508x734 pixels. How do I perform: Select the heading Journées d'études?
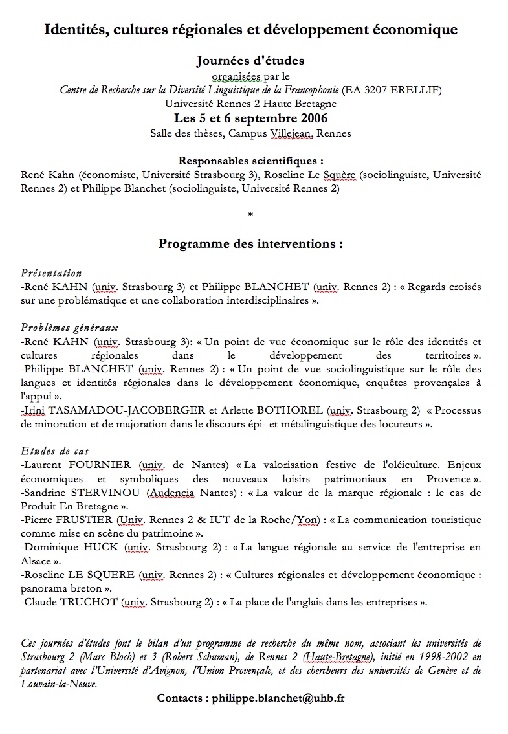[250, 61]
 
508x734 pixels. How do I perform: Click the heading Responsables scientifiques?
[250, 161]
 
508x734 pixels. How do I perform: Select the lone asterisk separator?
[250, 214]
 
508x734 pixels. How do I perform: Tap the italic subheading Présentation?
[52, 273]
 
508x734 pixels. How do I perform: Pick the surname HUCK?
[99, 547]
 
